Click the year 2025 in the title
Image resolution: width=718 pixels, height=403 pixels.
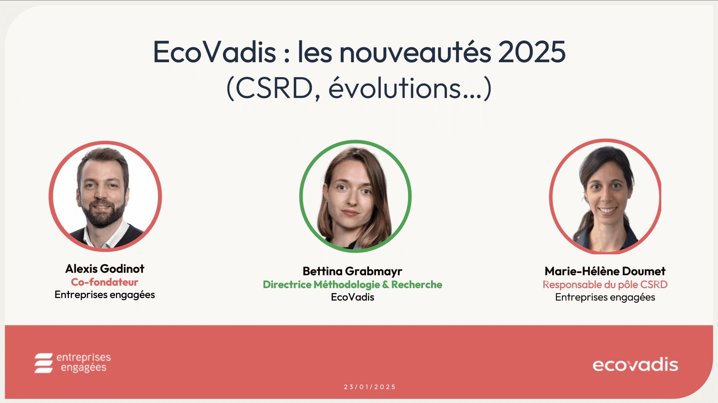532,52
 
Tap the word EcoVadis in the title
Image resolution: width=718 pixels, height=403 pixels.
215,52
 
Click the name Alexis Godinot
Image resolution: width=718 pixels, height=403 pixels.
105,269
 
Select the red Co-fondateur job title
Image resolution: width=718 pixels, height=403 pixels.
105,282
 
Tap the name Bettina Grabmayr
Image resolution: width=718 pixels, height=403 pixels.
353,271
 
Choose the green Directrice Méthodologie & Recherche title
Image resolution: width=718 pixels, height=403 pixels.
353,285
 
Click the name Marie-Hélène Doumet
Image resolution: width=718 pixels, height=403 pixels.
605,271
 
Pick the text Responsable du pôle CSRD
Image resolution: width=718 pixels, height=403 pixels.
605,285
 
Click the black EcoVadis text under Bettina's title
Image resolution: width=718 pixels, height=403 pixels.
353,297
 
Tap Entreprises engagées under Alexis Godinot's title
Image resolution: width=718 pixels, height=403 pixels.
105,295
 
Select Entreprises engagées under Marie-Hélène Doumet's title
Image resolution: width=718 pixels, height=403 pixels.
605,297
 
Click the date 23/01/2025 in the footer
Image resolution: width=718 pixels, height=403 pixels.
370,387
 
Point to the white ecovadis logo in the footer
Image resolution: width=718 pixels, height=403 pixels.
635,365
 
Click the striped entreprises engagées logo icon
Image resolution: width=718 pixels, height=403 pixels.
43,363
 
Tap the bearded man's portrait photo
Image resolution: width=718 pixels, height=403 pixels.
105,196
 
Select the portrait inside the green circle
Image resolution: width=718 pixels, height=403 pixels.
355,196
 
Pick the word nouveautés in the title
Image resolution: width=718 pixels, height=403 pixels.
415,52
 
